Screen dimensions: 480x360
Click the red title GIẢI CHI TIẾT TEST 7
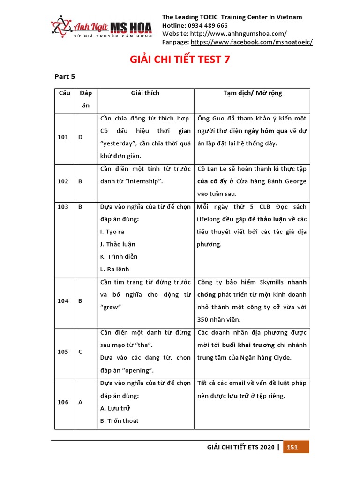coord(180,60)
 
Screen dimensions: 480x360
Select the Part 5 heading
coord(65,76)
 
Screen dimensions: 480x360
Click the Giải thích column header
coord(145,93)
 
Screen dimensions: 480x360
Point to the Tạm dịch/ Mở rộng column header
coord(253,93)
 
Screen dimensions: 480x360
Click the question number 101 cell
coord(63,137)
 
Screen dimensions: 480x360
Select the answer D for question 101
coord(80,137)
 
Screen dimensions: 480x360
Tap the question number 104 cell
coord(63,301)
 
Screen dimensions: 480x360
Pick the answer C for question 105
coord(80,352)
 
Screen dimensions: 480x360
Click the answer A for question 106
coord(80,402)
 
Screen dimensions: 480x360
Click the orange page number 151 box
coord(292,447)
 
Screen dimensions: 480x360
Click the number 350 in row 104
coord(204,320)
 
